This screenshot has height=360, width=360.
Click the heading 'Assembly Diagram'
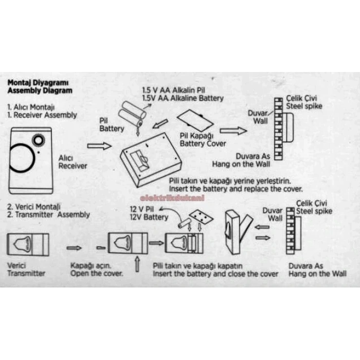coord(40,91)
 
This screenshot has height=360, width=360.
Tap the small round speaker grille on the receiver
coord(38,140)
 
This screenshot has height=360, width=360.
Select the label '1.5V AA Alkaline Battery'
coord(183,98)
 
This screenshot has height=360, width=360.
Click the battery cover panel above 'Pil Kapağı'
coord(195,120)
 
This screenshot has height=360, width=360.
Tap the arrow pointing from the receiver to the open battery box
coord(99,146)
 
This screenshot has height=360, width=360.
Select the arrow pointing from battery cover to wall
coord(233,131)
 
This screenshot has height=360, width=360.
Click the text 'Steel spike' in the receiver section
coord(304,106)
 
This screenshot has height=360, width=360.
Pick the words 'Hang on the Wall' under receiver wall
coord(241,164)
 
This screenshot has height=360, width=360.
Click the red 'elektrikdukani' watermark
coord(172,198)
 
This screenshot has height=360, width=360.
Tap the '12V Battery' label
coord(149,217)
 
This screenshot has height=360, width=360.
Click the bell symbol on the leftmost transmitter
coord(22,244)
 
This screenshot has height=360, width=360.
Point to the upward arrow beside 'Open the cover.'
coord(137,264)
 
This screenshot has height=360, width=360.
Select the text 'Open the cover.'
coord(97,274)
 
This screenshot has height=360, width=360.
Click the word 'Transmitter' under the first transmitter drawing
coord(26,273)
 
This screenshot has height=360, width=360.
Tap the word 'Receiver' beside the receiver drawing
coord(73,166)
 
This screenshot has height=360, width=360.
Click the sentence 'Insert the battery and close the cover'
coord(215,274)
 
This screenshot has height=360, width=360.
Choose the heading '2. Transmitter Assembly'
coord(48,214)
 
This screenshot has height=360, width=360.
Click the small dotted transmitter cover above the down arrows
coord(201,217)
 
